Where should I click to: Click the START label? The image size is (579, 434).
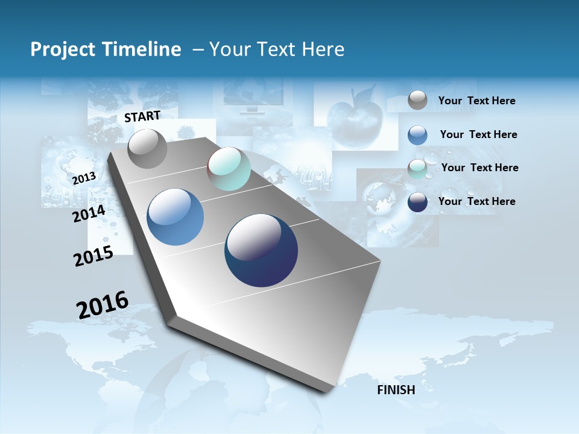[x=142, y=116]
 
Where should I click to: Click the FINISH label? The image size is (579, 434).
[x=396, y=390]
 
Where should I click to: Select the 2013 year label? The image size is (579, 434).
[x=84, y=178]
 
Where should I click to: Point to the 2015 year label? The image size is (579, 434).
[x=93, y=256]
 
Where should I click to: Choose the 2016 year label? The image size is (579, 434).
[x=103, y=305]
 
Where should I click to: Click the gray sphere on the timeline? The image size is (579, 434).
[x=147, y=148]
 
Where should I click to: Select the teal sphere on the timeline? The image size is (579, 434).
[x=229, y=169]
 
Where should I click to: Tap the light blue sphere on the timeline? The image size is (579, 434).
[x=175, y=217]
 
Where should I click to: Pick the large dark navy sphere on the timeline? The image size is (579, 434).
[x=261, y=250]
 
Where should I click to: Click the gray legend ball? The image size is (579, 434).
[x=417, y=101]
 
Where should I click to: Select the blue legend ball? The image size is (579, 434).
[x=417, y=135]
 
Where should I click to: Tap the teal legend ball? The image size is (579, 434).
[x=417, y=169]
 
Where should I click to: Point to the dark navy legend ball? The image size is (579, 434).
[x=417, y=203]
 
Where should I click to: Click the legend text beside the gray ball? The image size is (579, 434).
[x=476, y=101]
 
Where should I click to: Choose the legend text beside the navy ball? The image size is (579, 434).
[x=476, y=201]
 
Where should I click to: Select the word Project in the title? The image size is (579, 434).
[x=59, y=49]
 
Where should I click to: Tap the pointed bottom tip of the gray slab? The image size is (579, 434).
[x=326, y=392]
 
